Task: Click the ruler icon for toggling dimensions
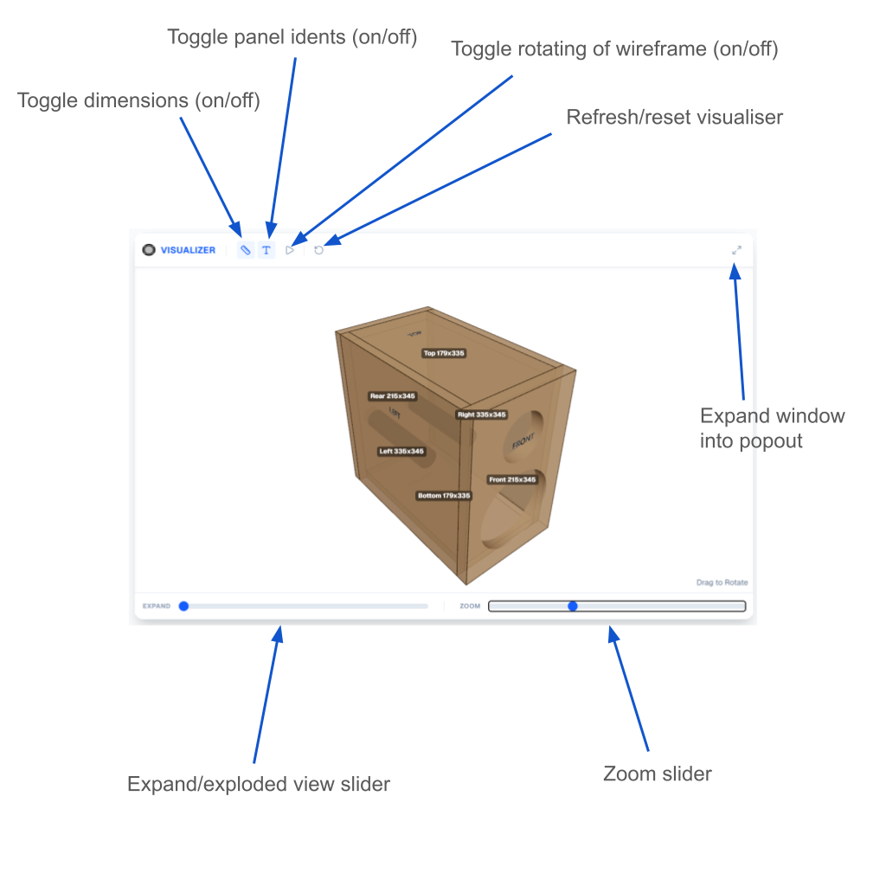point(246,250)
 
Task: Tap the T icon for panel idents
point(266,250)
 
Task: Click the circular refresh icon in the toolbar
point(319,250)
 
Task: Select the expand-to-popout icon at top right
point(736,250)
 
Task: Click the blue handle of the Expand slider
point(183,606)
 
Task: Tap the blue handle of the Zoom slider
point(573,606)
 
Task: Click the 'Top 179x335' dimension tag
point(444,353)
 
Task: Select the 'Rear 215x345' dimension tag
point(392,396)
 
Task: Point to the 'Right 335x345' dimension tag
point(482,414)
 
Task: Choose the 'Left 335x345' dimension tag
point(401,452)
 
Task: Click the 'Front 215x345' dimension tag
point(512,479)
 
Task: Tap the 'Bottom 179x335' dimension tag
point(444,496)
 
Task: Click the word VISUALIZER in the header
point(188,250)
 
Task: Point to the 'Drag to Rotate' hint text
point(722,582)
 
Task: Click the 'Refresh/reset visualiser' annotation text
point(674,117)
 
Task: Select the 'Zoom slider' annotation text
point(657,774)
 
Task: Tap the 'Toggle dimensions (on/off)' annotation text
point(138,100)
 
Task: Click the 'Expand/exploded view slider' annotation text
point(259,784)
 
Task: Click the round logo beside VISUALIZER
point(150,250)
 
